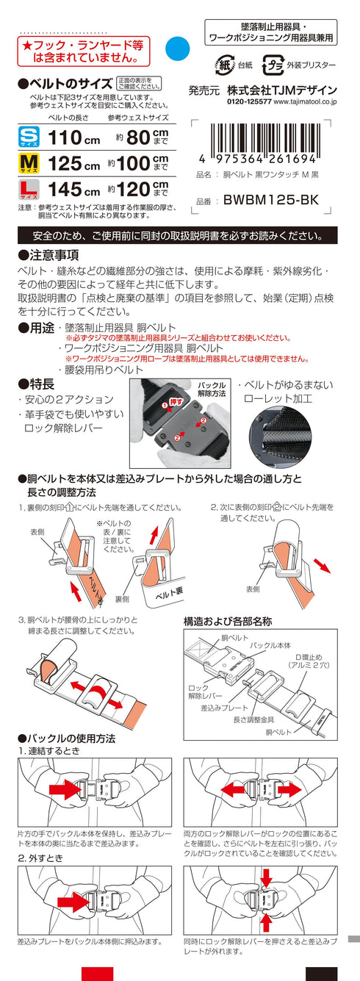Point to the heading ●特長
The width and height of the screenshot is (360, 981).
click(x=36, y=383)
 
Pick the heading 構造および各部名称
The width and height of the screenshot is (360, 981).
click(x=228, y=621)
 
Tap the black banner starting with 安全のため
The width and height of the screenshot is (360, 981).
click(x=177, y=236)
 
